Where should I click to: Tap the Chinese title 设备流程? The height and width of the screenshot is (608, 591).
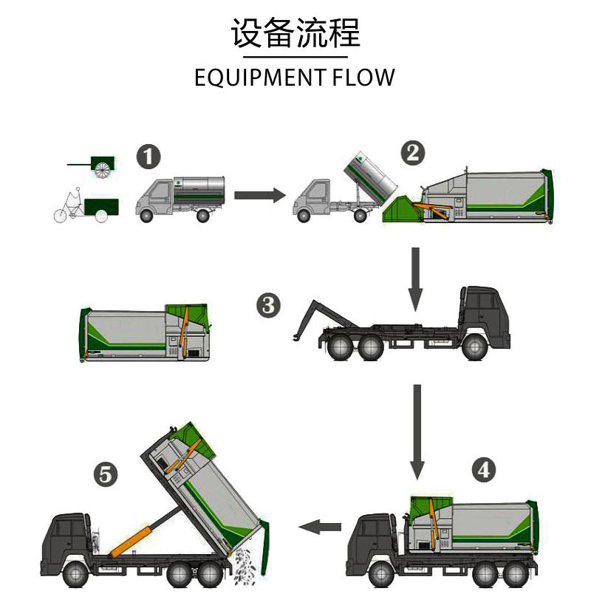tap(295, 34)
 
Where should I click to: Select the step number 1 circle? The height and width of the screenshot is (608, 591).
tap(148, 158)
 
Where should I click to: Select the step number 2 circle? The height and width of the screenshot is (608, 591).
tap(413, 153)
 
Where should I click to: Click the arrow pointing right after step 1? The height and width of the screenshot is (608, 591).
tap(259, 195)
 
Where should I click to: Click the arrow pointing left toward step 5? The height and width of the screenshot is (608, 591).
tap(319, 526)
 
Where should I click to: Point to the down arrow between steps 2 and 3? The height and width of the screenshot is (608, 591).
tap(416, 278)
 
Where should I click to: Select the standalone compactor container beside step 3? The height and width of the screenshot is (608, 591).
tap(144, 331)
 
